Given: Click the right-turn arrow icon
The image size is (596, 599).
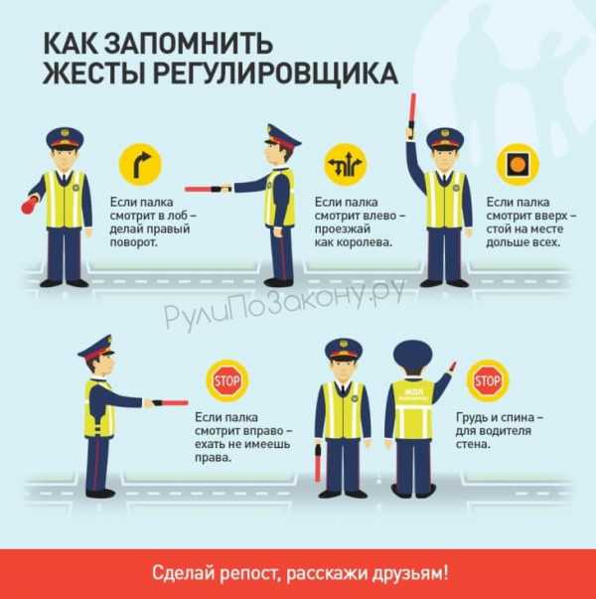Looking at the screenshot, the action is [x=141, y=165].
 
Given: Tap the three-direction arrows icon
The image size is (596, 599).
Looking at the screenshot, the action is [x=346, y=165].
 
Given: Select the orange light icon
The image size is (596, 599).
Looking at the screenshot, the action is [x=518, y=164].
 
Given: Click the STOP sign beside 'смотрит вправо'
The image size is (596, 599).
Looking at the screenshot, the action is [x=227, y=380].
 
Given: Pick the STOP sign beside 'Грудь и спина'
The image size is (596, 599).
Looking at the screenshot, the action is [x=487, y=380].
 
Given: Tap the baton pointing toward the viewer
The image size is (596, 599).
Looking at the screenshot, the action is [x=30, y=206].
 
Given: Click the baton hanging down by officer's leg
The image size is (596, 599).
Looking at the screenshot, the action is [x=318, y=463].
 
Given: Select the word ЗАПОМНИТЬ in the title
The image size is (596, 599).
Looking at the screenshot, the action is [x=189, y=44].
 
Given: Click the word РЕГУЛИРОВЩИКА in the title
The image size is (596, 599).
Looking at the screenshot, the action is [x=275, y=73].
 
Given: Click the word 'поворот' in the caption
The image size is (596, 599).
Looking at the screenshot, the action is [x=134, y=243].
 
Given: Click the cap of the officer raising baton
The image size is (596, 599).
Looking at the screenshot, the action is [x=445, y=138].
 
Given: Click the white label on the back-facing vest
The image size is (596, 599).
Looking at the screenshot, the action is [x=412, y=394].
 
